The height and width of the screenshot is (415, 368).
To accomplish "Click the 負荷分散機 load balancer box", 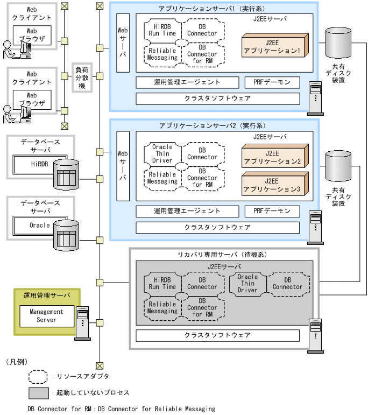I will (x=82, y=78).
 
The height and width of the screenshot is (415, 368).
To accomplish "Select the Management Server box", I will (x=46, y=316).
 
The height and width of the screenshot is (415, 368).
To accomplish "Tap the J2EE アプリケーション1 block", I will (x=274, y=46).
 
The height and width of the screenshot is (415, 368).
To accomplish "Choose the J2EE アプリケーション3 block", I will (x=274, y=185).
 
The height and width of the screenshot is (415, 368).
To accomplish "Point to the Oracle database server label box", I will (x=39, y=226).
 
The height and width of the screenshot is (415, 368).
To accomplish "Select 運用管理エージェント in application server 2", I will (x=187, y=211).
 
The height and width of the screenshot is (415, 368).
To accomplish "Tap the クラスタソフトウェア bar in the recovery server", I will (x=217, y=335).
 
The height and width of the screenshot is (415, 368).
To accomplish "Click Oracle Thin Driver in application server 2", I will (x=162, y=153).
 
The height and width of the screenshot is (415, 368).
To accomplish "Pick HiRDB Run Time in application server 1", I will (x=162, y=30).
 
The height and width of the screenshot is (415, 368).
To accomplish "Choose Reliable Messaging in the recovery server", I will (x=162, y=307).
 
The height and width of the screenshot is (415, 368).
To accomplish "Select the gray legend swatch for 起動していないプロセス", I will (x=39, y=393).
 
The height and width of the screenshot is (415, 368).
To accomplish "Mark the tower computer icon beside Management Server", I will (x=82, y=322).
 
